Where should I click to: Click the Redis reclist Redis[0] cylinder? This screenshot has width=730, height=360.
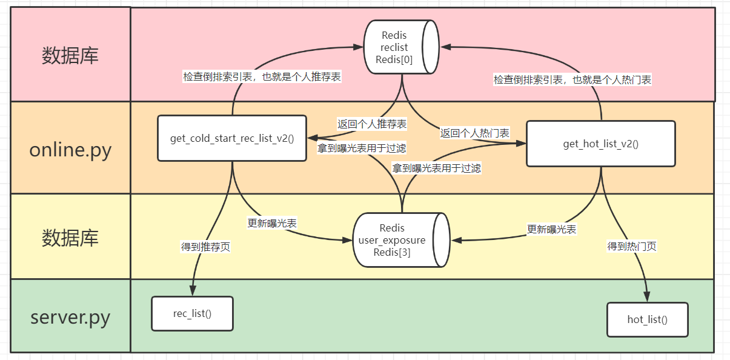[400, 47]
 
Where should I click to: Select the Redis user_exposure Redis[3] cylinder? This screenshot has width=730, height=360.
[400, 240]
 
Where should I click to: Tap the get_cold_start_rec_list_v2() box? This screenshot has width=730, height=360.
[232, 138]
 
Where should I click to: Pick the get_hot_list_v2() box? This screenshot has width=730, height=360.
[600, 144]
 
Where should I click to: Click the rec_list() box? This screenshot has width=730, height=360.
[192, 313]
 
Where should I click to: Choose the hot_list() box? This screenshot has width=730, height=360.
[647, 319]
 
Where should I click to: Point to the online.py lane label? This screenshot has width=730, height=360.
[70, 149]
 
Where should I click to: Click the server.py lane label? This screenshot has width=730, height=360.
[70, 317]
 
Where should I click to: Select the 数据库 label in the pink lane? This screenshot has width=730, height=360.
[70, 56]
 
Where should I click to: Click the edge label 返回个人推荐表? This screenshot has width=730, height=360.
[372, 124]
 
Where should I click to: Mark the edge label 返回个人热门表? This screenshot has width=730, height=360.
[474, 132]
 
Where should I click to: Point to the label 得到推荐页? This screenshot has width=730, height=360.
[205, 247]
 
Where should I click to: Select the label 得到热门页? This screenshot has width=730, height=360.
[632, 246]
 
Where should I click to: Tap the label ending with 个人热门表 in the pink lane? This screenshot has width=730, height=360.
[572, 79]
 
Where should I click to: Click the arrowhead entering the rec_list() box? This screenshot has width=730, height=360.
[193, 292]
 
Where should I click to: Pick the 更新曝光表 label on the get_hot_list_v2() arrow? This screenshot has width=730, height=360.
[551, 229]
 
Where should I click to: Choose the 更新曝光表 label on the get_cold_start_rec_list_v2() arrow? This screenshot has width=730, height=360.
[272, 222]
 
